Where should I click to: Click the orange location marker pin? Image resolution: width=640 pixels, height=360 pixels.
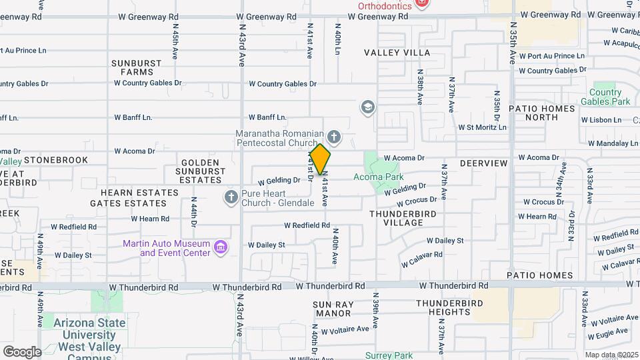click(x=320, y=159)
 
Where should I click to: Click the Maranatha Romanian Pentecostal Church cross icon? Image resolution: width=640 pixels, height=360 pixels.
click(x=335, y=138)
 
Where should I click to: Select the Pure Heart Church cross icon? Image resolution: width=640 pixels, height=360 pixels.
click(x=231, y=197)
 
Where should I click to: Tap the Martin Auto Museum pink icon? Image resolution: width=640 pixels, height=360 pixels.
click(x=221, y=249)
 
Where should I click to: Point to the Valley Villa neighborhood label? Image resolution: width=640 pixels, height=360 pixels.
click(x=397, y=53)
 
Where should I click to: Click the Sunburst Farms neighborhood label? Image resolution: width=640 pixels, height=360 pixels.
click(x=136, y=67)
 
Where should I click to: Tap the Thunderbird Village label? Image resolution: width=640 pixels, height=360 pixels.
click(x=403, y=218)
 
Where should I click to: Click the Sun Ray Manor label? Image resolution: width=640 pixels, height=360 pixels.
click(x=332, y=309)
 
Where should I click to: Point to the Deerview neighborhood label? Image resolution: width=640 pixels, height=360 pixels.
click(x=483, y=163)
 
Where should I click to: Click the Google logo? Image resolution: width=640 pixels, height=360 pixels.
click(x=22, y=351)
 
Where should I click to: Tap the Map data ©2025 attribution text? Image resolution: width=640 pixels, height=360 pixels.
click(x=611, y=355)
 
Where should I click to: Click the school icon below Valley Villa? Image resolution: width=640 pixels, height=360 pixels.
click(x=367, y=107)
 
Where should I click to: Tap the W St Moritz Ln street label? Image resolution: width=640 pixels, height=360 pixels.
click(x=482, y=127)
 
